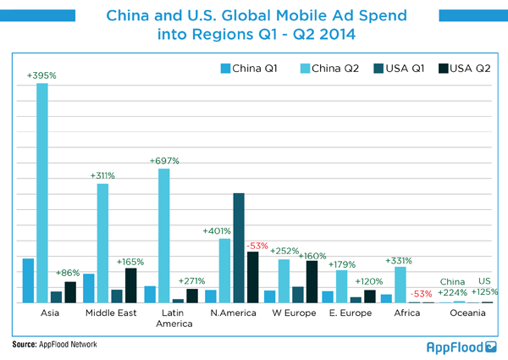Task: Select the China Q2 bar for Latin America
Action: click(164, 235)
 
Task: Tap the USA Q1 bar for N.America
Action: click(239, 247)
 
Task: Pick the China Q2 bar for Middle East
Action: click(102, 243)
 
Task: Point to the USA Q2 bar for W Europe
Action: click(312, 281)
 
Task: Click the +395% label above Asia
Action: click(41, 75)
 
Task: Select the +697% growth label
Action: click(164, 160)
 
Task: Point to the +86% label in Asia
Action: click(68, 273)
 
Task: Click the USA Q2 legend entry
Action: click(461, 68)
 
